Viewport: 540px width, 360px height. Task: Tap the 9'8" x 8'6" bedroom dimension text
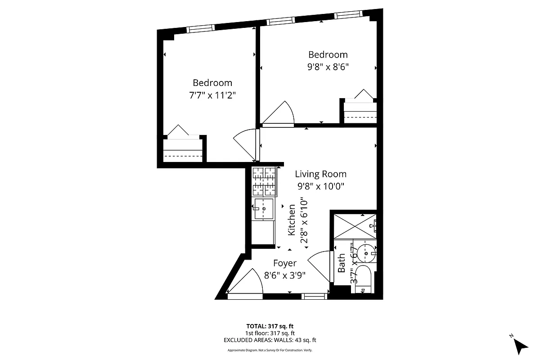(x=328, y=67)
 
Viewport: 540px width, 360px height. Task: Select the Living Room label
(x=320, y=174)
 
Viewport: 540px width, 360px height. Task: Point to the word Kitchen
(x=292, y=220)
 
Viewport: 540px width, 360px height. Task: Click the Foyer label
(x=285, y=263)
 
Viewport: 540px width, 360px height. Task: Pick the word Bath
(x=342, y=263)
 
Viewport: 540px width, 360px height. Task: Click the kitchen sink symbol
(x=264, y=209)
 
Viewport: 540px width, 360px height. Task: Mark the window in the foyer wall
(x=315, y=296)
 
